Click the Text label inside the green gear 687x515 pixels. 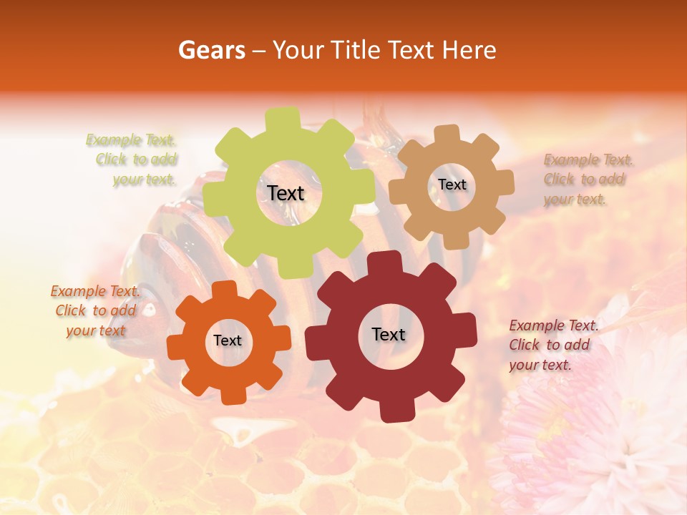coord(286,193)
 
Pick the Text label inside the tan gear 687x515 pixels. coord(452,185)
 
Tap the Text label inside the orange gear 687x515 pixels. coord(228,341)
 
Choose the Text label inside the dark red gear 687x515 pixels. coord(389,334)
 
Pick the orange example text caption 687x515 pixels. coord(95,310)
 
